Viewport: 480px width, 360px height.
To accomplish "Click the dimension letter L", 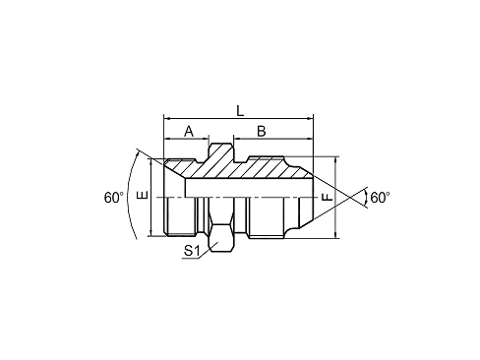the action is click(240, 111).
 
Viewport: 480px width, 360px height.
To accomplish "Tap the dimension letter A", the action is click(189, 132).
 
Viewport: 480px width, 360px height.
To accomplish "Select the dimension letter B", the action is click(261, 132).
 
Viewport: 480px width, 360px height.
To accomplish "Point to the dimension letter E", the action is click(143, 195).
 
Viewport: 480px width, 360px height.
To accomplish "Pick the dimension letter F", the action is click(327, 197).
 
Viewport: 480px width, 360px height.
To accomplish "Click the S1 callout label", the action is click(192, 251).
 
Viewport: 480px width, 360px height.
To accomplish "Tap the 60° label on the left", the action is click(114, 198).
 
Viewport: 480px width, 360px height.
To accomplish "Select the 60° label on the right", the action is click(380, 198).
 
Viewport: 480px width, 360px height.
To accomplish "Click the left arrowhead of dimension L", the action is click(167, 118).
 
